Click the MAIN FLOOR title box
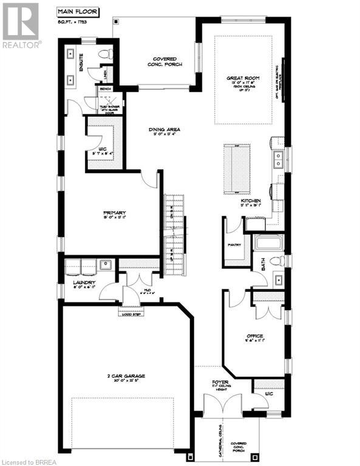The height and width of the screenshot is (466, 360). (x=75, y=10)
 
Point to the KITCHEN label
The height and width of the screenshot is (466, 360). (x=250, y=201)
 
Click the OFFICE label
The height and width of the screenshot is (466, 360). (x=254, y=336)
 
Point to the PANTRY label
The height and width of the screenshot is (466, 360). (x=235, y=245)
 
